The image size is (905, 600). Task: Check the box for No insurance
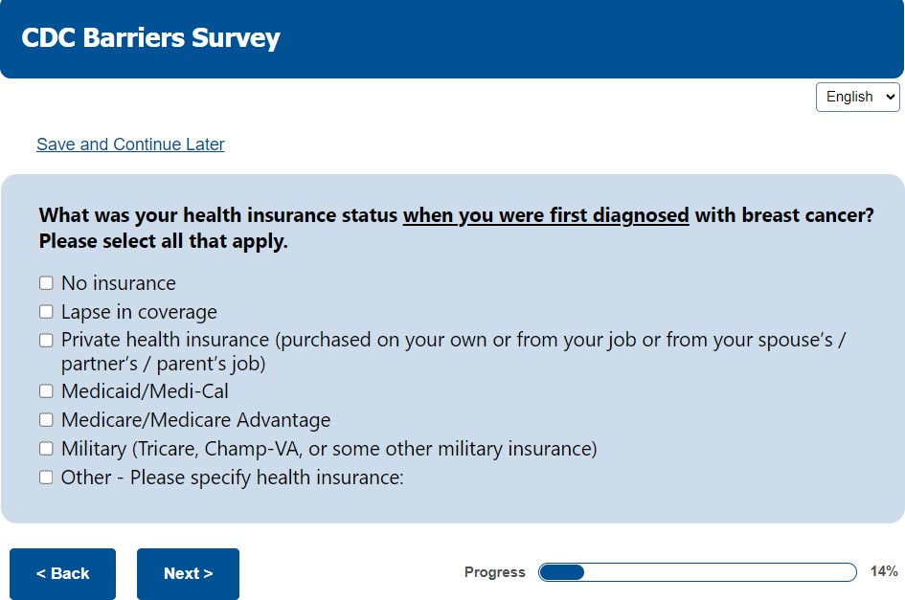46,282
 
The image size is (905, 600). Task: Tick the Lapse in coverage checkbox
46,312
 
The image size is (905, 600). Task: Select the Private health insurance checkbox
46,341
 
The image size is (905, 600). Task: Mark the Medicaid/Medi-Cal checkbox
46,391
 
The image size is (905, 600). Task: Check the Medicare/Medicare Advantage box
46,419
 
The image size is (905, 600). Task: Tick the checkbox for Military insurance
46,448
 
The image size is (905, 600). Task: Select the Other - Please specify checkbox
46,478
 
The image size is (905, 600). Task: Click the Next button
188,573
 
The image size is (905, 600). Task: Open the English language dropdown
858,97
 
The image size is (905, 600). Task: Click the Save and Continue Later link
130,144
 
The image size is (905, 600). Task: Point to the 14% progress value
884,571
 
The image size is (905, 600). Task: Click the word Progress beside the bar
494,572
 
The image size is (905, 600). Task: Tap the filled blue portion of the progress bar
561,572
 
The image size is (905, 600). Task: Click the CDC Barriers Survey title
150,38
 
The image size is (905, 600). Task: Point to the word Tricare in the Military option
167,449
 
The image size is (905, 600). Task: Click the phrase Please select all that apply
164,241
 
